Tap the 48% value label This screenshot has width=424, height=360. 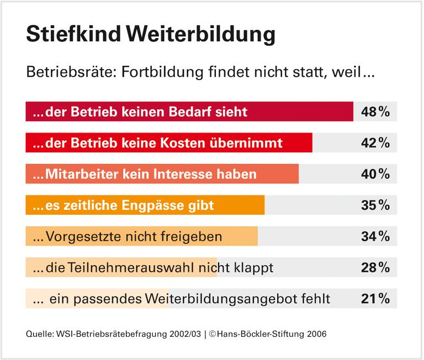point(375,112)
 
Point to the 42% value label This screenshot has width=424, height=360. point(375,143)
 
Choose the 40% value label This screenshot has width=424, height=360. point(375,174)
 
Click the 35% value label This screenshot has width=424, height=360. point(375,205)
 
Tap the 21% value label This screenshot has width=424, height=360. point(375,299)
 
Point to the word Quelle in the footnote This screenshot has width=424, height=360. point(39,334)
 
